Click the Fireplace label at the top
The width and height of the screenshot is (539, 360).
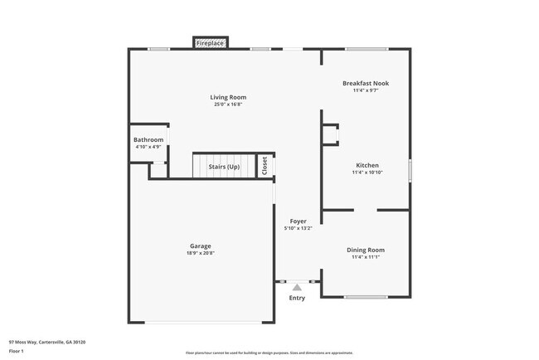tap(211, 42)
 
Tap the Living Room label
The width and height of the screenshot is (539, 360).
tap(228, 97)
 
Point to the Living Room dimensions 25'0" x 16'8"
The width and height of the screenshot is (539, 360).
tap(228, 105)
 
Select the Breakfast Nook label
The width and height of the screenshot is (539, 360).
tap(366, 83)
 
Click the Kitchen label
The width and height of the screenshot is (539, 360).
tap(367, 164)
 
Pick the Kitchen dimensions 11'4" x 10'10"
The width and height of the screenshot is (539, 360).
tap(367, 173)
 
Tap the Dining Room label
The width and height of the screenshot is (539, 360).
tap(366, 250)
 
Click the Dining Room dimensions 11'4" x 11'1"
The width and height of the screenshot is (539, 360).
tap(366, 257)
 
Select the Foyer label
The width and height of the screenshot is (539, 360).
tap(298, 221)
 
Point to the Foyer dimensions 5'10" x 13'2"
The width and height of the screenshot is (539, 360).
tap(298, 229)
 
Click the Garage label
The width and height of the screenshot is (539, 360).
tap(200, 246)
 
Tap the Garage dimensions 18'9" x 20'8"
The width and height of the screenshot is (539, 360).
tap(200, 253)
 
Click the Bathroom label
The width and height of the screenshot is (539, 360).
tap(148, 139)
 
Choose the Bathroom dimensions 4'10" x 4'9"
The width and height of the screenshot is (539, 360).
tap(148, 148)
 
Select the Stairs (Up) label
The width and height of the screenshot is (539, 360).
tap(224, 167)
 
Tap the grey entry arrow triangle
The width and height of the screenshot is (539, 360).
tap(297, 287)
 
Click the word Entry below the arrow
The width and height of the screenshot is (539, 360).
tap(297, 298)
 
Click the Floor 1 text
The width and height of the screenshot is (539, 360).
tap(17, 351)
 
